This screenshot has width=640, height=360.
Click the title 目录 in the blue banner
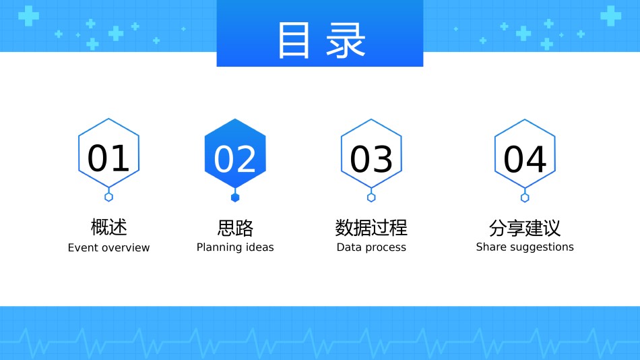tap(321, 40)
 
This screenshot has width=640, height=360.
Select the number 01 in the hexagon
tap(108, 158)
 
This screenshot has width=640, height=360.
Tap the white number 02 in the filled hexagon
tap(235, 159)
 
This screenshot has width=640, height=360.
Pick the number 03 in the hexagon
tap(371, 159)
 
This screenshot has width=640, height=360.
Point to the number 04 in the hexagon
tap(525, 159)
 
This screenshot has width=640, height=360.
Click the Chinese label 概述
tap(109, 227)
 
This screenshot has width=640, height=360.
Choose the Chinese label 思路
tap(235, 228)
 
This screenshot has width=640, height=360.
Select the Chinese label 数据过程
tap(371, 228)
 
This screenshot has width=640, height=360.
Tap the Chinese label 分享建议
tap(525, 228)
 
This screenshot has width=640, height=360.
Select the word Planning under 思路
tap(220, 247)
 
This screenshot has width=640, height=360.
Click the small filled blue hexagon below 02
tap(235, 198)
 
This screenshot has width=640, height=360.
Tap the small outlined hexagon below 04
tap(525, 198)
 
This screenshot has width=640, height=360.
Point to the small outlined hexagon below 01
tap(108, 197)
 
